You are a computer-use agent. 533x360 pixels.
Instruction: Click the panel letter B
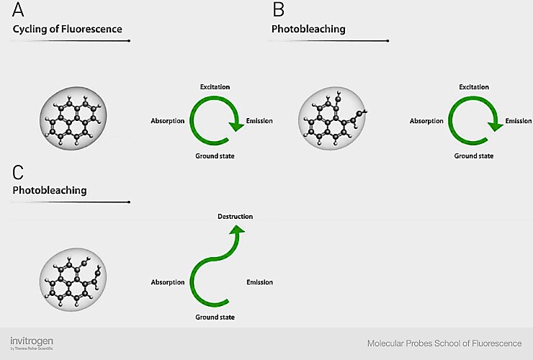278,11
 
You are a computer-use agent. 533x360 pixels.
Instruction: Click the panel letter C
19,172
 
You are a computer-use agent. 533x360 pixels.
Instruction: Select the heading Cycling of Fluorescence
68,30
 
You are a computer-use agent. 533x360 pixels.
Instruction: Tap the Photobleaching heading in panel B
308,30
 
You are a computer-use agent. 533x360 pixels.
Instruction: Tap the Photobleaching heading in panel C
50,191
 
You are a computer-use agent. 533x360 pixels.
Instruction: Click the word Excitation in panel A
215,87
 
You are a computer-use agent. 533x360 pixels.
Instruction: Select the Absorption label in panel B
426,121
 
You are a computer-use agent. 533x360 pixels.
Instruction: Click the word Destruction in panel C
235,216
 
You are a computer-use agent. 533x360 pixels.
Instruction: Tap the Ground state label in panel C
215,318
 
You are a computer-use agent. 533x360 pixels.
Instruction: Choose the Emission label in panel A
259,121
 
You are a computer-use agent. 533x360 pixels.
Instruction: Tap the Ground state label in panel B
473,156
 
